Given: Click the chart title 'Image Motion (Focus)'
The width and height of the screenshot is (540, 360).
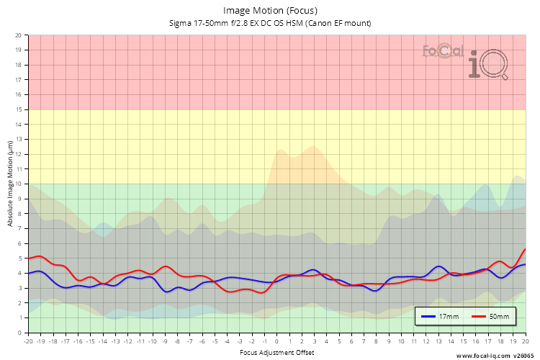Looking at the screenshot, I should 270,10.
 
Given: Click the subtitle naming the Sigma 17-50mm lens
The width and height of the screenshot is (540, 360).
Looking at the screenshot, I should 270,23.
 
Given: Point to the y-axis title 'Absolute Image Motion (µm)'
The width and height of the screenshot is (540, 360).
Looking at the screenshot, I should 10,184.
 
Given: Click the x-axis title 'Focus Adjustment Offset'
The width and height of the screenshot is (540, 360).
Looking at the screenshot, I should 276,352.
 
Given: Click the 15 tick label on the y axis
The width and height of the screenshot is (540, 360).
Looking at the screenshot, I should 19,109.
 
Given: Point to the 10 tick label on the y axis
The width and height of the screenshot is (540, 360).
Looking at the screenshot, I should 19,184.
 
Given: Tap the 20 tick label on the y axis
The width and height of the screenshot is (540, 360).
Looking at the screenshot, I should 19,35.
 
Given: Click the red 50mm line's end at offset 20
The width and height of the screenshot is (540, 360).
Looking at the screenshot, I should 525,249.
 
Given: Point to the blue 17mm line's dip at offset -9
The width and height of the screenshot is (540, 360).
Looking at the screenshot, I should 166,292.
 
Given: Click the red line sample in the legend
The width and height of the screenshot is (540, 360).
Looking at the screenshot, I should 480,316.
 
